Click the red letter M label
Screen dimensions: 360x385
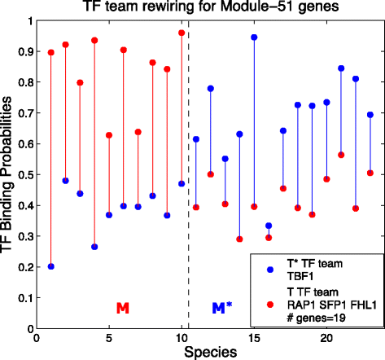coord(123,308)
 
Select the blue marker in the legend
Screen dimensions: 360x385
coord(269,268)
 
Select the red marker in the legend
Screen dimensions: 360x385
coord(269,303)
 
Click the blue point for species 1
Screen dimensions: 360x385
coord(51,266)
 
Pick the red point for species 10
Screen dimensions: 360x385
coord(182,33)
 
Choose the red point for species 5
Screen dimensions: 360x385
coord(109,135)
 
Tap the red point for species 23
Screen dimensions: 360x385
coord(370,173)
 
